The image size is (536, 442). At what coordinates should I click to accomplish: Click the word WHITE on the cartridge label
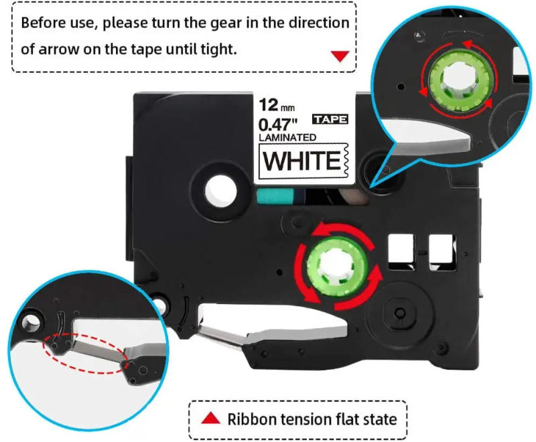[301, 161]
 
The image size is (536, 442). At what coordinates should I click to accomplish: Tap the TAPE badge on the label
[330, 119]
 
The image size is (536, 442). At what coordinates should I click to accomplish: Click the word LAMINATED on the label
[288, 137]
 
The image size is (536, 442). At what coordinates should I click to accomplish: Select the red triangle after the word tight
[340, 56]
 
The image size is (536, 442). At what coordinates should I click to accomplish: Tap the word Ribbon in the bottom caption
[251, 419]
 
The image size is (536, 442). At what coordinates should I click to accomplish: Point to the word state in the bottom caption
[379, 419]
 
